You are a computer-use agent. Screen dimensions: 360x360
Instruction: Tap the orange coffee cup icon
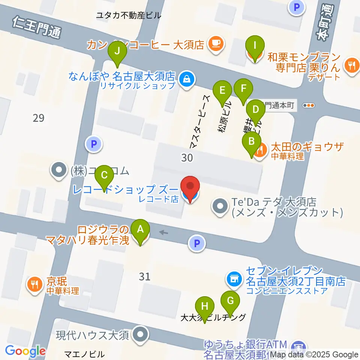click(216, 44)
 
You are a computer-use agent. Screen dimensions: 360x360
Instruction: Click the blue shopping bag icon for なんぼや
click(186, 79)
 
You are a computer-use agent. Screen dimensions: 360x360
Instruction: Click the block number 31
click(144, 277)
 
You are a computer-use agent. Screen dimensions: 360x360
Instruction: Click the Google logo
click(25, 351)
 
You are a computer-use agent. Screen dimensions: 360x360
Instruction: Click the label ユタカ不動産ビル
click(129, 15)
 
